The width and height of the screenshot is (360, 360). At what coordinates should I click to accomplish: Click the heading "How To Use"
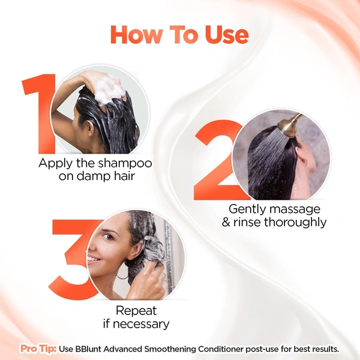[x=179, y=35]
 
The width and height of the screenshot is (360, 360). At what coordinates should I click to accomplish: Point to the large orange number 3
[x=72, y=258]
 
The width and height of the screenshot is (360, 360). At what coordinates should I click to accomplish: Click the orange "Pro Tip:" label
[x=38, y=349]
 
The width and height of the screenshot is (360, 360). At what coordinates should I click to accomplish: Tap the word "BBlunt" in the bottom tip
[x=92, y=349]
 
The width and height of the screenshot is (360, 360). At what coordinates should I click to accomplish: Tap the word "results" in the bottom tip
[x=325, y=349]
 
